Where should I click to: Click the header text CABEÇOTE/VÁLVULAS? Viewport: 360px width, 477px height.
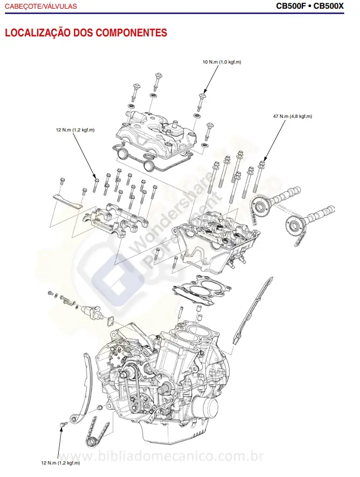(41, 7)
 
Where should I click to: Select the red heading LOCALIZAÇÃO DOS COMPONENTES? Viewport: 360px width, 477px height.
(86, 33)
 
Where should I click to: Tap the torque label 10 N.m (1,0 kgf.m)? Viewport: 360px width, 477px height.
(221, 62)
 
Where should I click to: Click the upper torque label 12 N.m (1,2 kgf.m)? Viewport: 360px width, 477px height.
(75, 130)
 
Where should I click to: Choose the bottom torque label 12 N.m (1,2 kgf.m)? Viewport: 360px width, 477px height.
(60, 463)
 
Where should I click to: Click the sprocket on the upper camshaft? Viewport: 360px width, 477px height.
(260, 206)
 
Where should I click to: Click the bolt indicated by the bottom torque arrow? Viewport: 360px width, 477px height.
(64, 422)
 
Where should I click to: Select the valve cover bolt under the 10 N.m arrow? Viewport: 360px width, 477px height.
(202, 97)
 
